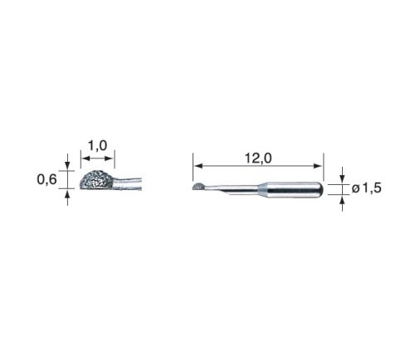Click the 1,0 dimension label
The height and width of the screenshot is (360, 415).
[x=97, y=145]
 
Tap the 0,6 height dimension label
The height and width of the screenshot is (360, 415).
[x=46, y=179]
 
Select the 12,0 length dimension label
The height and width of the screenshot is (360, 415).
[x=258, y=158]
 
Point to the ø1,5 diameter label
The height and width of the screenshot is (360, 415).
[x=367, y=188]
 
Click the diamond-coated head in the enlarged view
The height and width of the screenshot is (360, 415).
[x=96, y=180]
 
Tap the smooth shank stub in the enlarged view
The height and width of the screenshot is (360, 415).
[x=128, y=183]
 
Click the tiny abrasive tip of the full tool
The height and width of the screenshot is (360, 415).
[x=198, y=187]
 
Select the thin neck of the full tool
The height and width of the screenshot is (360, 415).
[x=231, y=189]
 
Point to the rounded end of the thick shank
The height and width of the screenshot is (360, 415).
[x=320, y=190]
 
